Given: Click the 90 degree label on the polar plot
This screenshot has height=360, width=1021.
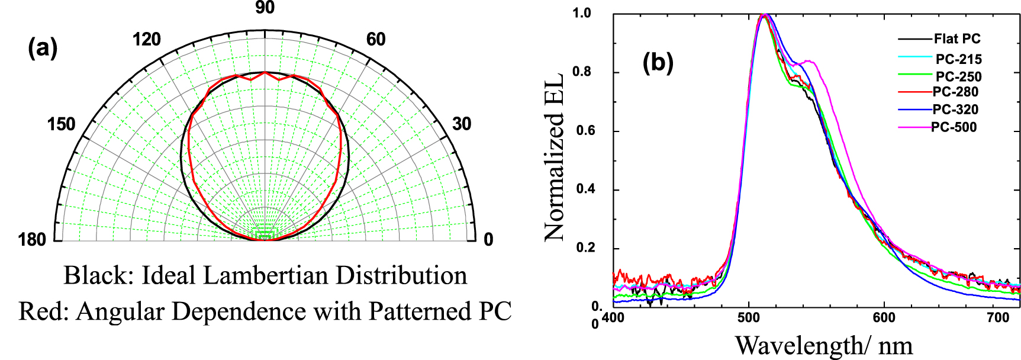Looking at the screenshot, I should (x=265, y=8).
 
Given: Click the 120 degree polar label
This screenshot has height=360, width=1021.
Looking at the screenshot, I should (x=146, y=40).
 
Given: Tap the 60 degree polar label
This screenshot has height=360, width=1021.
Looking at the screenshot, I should (x=376, y=40).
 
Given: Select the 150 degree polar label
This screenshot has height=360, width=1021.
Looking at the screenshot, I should (x=62, y=124).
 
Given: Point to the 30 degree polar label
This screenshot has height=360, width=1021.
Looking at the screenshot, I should (x=462, y=124).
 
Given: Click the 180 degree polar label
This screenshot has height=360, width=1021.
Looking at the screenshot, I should (x=32, y=239).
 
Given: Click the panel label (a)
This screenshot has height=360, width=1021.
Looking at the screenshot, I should (x=43, y=47).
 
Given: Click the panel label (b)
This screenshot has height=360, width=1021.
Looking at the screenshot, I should (x=658, y=62).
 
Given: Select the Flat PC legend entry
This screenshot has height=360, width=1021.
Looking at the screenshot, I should (x=956, y=39).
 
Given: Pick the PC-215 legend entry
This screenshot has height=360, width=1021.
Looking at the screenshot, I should (x=958, y=59).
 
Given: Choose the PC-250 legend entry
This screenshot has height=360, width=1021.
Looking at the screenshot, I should (x=958, y=77).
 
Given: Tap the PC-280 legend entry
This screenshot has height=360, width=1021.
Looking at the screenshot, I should (x=955, y=92).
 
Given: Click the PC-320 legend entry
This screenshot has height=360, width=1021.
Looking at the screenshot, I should (x=955, y=110).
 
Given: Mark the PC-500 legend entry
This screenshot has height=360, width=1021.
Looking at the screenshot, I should (x=954, y=127).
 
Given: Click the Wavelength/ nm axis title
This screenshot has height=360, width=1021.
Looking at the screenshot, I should (x=823, y=345).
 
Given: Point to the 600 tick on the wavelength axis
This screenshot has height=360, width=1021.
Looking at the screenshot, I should (x=884, y=318).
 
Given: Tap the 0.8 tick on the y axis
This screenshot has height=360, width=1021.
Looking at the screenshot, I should (x=582, y=72).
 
